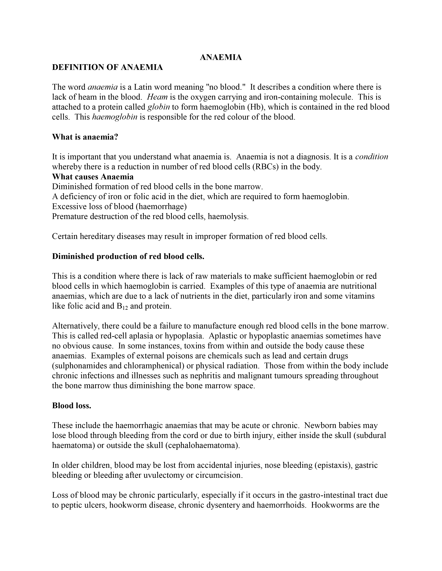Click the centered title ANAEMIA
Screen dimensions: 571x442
pyautogui.click(x=221, y=57)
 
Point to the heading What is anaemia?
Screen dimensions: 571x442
pyautogui.click(x=85, y=137)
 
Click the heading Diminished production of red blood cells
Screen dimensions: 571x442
pyautogui.click(x=128, y=256)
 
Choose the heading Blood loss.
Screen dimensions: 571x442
pyautogui.click(x=71, y=406)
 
